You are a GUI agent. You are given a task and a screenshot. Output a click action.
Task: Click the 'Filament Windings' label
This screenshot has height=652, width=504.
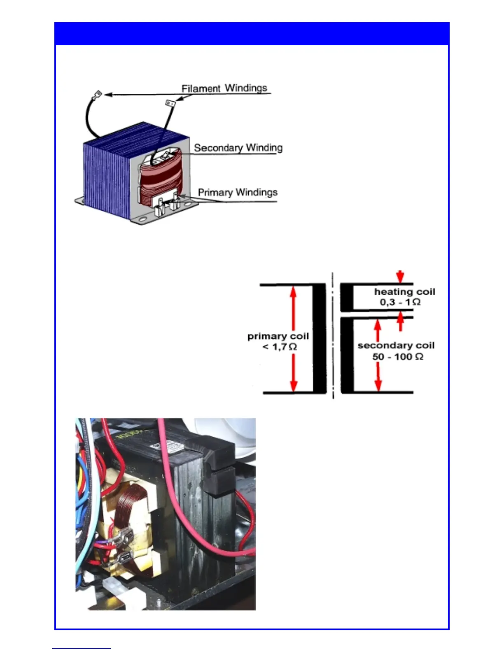224,88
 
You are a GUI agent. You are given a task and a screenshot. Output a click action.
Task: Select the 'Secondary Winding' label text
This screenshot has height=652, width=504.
238,148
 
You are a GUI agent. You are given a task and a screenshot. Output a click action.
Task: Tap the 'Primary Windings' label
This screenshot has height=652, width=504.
238,192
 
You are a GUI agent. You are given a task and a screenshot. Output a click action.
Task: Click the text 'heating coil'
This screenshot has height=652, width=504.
404,292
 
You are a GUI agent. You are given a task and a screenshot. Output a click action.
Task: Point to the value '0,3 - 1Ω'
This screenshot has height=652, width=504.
400,302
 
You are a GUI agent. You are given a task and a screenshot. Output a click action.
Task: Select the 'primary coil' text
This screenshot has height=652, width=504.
278,336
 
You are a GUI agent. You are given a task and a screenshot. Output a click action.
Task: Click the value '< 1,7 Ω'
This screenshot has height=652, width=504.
280,347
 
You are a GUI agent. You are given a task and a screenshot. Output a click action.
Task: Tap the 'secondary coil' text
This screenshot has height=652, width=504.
396,345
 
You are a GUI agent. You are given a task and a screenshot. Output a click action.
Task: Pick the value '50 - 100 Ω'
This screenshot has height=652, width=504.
397,356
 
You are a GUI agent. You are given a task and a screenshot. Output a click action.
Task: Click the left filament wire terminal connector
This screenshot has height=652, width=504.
98,95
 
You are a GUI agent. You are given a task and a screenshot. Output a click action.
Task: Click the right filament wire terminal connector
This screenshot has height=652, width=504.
170,102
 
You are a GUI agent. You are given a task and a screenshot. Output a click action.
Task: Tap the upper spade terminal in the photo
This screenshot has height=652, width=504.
124,537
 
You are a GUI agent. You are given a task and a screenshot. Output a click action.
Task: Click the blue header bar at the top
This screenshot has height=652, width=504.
252,34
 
